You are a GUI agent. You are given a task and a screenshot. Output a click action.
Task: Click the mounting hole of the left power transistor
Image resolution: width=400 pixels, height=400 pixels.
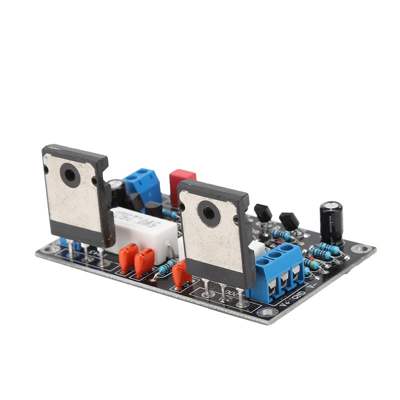coord(69,175)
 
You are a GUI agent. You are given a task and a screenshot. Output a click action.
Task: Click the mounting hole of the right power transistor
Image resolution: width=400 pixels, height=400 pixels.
coord(208,213)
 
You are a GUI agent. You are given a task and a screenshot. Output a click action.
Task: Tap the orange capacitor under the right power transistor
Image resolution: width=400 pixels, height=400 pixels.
coord(180,274)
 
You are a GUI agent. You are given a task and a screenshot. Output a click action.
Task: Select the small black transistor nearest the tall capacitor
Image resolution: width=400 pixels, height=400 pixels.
coord(288,220)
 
